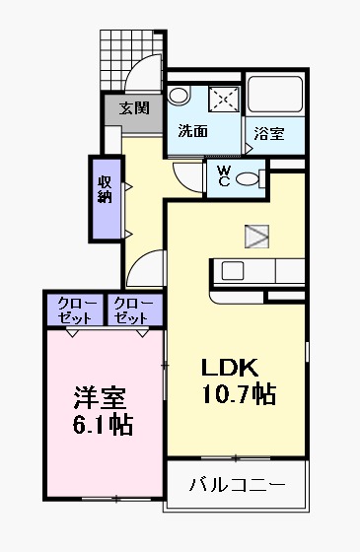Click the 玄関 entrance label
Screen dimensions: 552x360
(134, 108)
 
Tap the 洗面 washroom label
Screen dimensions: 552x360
(192, 130)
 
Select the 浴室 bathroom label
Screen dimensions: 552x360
(268, 133)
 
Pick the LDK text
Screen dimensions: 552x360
(230, 369)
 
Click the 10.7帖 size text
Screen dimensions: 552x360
(239, 395)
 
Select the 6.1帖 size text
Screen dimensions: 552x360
(102, 426)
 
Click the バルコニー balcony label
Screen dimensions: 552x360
(237, 485)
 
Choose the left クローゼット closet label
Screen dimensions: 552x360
(72, 310)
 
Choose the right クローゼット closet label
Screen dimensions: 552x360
(130, 310)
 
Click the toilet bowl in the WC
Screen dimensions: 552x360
(256, 178)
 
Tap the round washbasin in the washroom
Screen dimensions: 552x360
(178, 95)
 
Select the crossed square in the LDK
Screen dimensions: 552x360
(256, 235)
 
